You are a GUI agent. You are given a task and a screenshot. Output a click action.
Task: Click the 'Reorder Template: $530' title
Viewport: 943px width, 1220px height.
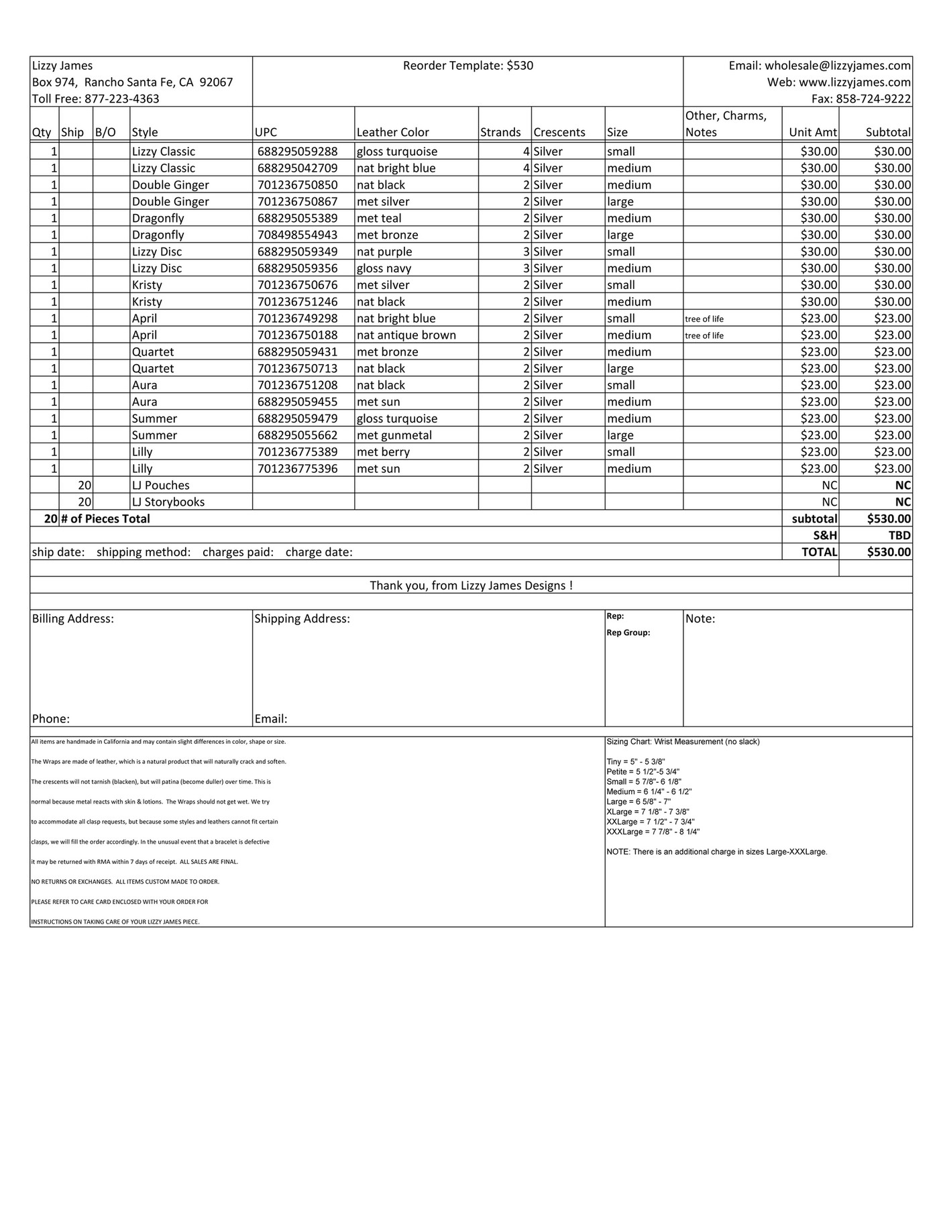467,66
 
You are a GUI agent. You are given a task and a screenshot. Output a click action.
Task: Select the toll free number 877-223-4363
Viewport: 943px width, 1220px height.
121,99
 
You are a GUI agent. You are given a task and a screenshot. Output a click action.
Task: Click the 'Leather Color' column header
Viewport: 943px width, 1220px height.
392,132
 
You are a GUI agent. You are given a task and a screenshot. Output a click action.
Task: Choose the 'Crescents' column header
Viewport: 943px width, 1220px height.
559,132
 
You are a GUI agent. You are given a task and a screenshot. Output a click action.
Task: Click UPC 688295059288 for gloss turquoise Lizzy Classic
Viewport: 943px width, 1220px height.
297,152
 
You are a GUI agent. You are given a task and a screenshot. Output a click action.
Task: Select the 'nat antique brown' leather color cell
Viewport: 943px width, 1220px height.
406,335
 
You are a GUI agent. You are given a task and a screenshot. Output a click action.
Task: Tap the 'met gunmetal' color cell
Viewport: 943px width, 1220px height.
394,435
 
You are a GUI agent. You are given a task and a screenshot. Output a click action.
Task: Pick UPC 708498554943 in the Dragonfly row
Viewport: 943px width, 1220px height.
297,235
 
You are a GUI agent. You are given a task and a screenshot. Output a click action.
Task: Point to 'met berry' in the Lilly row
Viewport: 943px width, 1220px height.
382,452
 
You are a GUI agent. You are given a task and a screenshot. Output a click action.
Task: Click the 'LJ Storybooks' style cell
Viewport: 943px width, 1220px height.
168,502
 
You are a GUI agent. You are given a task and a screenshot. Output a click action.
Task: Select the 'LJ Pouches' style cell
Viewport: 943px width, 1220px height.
160,485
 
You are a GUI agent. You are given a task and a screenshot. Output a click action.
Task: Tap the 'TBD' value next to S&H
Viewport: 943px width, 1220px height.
899,535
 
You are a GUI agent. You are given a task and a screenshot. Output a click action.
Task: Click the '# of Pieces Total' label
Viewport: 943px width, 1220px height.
105,518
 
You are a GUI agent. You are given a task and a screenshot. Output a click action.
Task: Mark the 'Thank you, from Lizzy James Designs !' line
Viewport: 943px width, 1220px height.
471,586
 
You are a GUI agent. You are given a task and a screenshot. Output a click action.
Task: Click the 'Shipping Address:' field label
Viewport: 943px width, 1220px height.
302,618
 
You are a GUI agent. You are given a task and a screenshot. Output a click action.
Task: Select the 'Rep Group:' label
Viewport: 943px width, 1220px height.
628,632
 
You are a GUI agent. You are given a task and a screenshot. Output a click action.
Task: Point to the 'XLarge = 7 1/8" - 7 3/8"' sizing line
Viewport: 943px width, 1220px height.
647,812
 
